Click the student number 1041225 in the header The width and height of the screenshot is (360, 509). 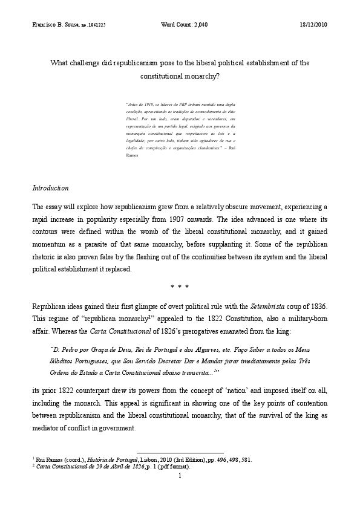[x=100, y=24]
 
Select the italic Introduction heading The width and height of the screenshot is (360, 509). [x=50, y=188]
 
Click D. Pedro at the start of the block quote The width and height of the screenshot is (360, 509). [x=65, y=349]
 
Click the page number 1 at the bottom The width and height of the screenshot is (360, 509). [x=180, y=476]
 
